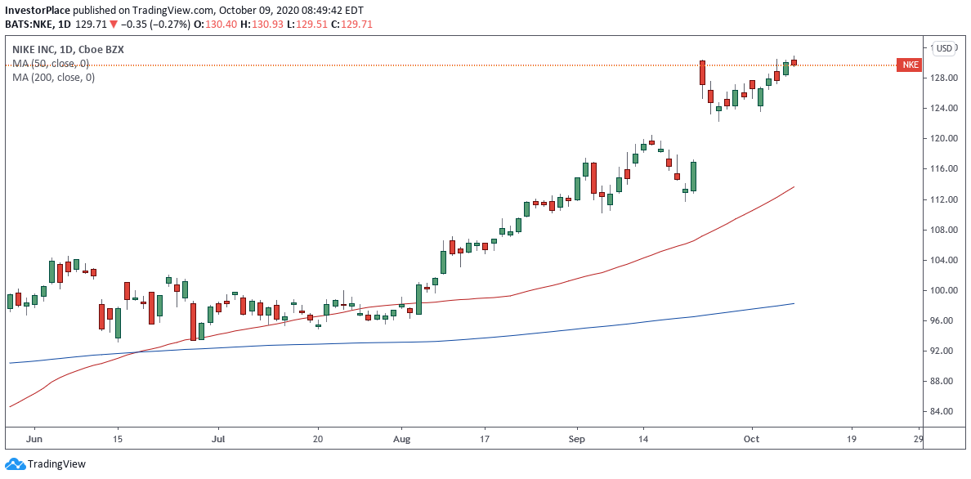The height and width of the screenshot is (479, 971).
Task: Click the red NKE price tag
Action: click(x=909, y=65)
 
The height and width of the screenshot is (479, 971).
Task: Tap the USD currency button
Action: click(x=945, y=48)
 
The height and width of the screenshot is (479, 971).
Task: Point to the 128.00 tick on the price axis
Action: click(x=944, y=78)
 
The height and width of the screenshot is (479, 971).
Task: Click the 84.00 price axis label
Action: click(x=944, y=412)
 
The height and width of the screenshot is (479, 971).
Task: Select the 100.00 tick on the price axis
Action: click(x=944, y=291)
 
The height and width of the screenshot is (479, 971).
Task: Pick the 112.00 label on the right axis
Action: click(x=944, y=199)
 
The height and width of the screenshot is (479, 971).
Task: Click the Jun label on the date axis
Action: click(x=34, y=439)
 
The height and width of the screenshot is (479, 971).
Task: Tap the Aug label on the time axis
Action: click(x=401, y=439)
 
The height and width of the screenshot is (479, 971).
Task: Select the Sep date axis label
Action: click(x=577, y=439)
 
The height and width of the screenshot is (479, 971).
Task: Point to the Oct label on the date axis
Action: click(x=753, y=439)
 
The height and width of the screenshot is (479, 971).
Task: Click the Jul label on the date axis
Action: click(x=218, y=439)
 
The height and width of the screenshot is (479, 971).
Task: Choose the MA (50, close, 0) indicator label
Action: click(x=51, y=64)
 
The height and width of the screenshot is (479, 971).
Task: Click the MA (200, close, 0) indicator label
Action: click(x=53, y=78)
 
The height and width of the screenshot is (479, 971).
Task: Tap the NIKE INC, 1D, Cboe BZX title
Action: click(x=68, y=50)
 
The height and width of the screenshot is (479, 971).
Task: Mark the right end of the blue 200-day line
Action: click(x=794, y=303)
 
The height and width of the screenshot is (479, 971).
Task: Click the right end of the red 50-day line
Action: click(x=794, y=187)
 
